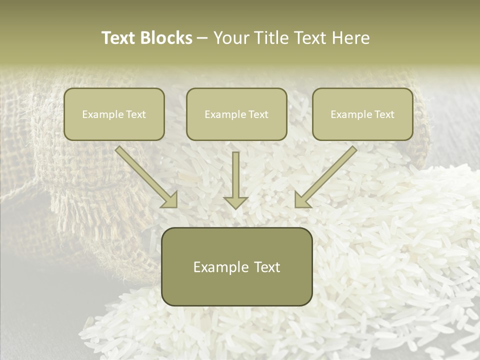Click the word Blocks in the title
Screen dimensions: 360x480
click(166, 38)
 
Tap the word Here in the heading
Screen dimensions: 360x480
click(350, 38)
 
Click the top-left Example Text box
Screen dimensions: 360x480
click(114, 114)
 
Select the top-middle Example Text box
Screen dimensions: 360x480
click(236, 114)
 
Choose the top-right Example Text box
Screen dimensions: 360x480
click(362, 114)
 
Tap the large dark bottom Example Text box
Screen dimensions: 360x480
click(237, 266)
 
